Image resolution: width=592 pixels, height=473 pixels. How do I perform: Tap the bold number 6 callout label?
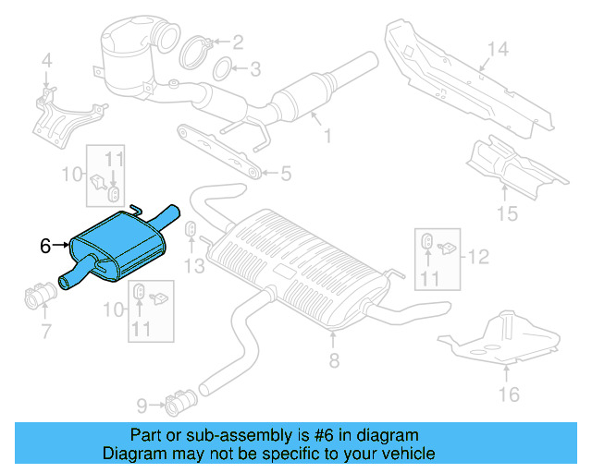coord(45,246)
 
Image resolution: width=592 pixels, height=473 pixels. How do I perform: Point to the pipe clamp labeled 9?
coord(178,403)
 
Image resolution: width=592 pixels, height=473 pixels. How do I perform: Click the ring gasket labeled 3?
coord(223,68)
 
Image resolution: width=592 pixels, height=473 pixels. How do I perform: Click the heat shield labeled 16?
coord(499,337)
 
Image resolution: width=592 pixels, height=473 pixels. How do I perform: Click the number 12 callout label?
coord(476,257)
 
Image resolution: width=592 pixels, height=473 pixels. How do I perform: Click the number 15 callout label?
coord(505,215)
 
